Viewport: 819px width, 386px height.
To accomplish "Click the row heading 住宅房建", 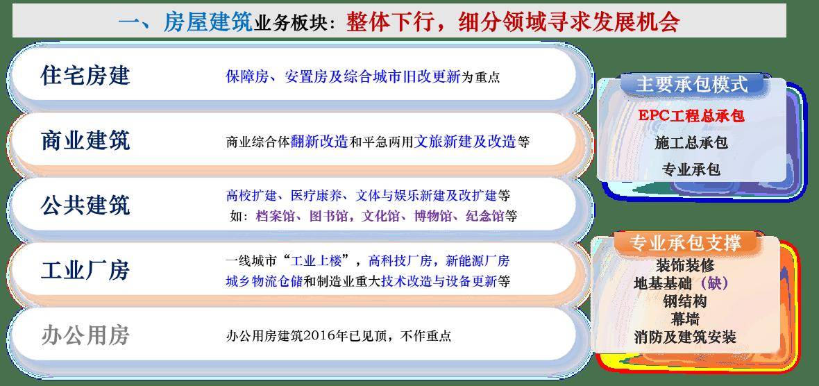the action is pos(85,76).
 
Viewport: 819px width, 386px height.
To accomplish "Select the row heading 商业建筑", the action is pos(85,141).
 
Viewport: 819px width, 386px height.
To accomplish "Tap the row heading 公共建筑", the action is pos(85,205).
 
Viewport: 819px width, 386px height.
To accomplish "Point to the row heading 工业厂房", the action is pos(85,270).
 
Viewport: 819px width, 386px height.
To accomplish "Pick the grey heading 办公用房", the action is pos(85,335).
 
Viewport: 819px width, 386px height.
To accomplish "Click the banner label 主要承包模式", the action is pos(691,85).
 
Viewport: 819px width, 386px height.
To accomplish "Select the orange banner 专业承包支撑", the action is pos(685,243).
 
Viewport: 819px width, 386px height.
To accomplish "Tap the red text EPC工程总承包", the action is pos(691,115).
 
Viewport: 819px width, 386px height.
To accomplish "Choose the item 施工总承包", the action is pos(691,142).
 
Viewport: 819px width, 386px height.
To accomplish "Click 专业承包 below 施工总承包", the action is pos(691,169).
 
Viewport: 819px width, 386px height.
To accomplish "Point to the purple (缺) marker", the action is pos(714,283).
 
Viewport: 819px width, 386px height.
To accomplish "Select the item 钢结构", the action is pos(685,301).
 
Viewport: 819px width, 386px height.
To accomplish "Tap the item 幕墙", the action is pos(685,319).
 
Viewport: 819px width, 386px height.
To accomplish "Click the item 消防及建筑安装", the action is pos(685,337).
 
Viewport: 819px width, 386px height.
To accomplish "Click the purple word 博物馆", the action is pos(433,216).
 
